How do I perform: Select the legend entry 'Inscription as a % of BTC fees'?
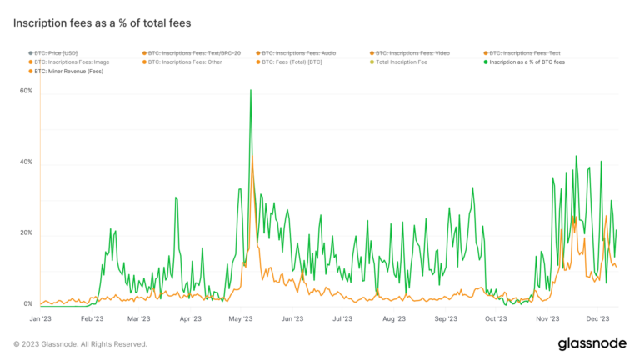pos(527,62)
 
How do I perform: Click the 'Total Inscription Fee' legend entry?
pos(402,62)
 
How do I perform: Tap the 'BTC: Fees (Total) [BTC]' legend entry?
pos(291,62)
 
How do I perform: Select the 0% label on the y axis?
pos(27,303)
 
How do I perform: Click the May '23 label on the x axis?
pos(241,318)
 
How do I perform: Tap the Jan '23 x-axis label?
pos(40,318)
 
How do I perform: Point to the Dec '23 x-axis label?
pos(597,318)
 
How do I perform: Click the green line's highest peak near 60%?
pos(251,90)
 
